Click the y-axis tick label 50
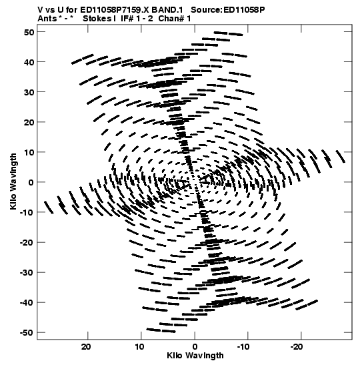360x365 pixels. coord(29,32)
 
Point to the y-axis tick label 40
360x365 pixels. coord(29,62)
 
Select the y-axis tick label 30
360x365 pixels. coord(29,92)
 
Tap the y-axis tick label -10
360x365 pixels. coord(27,213)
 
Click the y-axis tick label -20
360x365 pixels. coord(27,243)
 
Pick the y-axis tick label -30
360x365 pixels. coord(27,273)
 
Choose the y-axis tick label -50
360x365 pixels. coord(27,333)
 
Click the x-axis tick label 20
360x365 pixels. coord(86,347)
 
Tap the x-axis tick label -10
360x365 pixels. coord(243,347)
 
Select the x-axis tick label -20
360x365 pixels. coord(297,347)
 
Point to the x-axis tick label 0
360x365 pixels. coord(195,347)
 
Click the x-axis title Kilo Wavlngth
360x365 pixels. coord(195,356)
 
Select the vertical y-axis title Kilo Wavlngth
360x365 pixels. coord(13,181)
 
